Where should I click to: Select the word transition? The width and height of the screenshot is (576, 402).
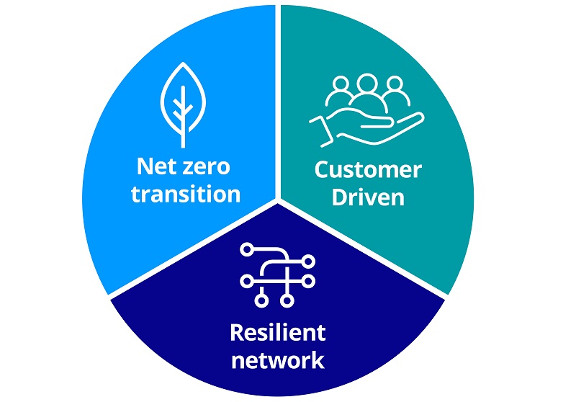click(x=185, y=194)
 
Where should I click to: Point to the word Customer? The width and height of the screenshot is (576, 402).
click(x=367, y=171)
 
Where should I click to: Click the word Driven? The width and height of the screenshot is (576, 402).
click(x=367, y=197)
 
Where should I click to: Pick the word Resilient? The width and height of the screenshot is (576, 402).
click(x=277, y=333)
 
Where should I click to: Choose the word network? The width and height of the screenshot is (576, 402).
click(x=277, y=358)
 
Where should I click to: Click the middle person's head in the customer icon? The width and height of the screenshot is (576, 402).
click(x=367, y=83)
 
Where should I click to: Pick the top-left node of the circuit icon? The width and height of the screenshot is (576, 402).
click(x=246, y=249)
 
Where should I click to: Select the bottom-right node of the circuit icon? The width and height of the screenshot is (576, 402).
click(x=287, y=300)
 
